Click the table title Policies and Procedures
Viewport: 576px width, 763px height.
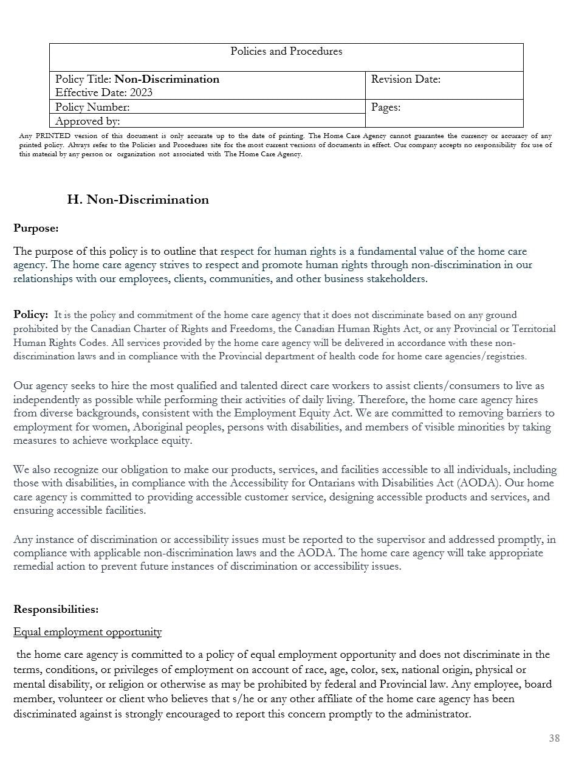click(286, 52)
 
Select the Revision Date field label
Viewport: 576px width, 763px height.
click(405, 79)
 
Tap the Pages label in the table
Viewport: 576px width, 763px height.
click(386, 107)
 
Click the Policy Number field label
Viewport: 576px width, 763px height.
click(92, 107)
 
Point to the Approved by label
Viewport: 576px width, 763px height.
click(87, 120)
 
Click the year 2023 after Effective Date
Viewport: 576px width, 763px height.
click(140, 92)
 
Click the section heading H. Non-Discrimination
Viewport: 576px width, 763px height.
click(138, 199)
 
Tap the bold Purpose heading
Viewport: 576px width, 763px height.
click(36, 229)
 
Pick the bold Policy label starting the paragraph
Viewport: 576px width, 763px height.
click(30, 314)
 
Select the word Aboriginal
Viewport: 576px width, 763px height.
click(163, 427)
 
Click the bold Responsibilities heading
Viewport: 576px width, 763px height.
click(56, 609)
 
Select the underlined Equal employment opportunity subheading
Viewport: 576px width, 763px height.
click(87, 632)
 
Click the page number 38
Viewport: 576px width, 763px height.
click(554, 738)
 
